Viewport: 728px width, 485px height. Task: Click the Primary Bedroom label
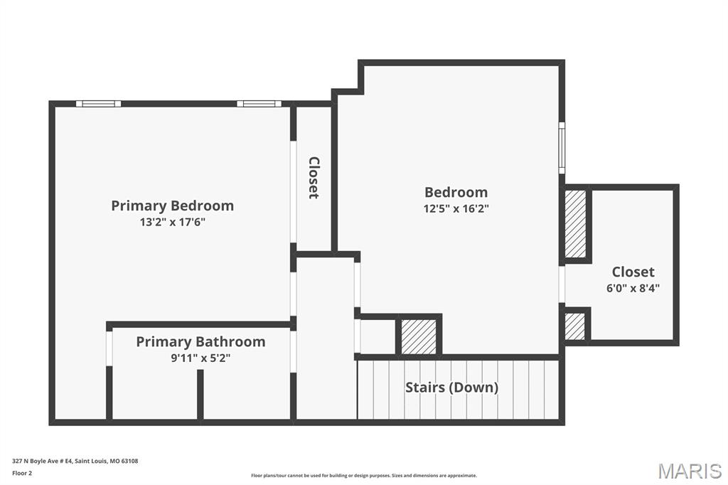(x=172, y=206)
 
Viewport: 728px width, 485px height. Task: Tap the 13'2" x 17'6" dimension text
(x=172, y=222)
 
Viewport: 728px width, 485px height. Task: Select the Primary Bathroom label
(x=200, y=341)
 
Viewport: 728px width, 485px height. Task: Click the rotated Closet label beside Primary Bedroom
(x=314, y=178)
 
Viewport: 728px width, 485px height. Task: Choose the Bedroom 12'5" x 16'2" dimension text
(x=456, y=208)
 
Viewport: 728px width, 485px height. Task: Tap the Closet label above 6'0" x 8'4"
(x=633, y=272)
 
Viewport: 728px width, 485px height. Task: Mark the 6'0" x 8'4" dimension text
(x=633, y=288)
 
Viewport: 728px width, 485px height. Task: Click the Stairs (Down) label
(x=451, y=388)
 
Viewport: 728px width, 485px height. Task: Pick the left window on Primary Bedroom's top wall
(x=98, y=104)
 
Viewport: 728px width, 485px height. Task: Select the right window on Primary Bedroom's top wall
(x=259, y=104)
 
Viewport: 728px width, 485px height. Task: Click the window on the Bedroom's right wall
(x=562, y=148)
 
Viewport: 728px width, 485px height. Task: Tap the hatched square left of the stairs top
(x=419, y=336)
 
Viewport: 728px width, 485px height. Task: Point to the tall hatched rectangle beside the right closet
(x=574, y=224)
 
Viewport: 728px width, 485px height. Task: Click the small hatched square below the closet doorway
(x=574, y=326)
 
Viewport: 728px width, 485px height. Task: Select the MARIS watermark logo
(x=690, y=471)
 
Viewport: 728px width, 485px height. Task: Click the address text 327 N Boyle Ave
(x=75, y=461)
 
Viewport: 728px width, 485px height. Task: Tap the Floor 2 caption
(x=22, y=472)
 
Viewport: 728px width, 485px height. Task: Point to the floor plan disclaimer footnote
(x=364, y=476)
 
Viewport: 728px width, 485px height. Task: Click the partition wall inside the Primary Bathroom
(x=200, y=394)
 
